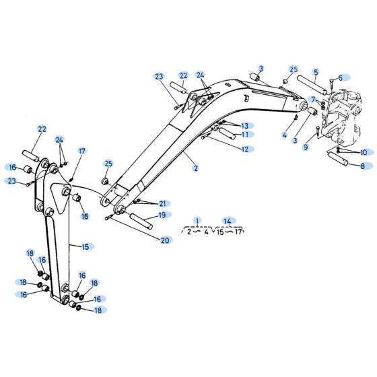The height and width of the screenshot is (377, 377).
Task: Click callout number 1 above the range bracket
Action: coord(197,221)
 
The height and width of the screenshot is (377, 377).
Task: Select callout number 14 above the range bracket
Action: coord(229,221)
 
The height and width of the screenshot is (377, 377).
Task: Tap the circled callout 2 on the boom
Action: coord(196,168)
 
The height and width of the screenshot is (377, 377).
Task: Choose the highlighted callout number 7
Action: coord(312,100)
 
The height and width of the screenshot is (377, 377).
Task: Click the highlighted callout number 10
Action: coord(363,152)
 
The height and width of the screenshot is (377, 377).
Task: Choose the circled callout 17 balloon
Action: coord(82,151)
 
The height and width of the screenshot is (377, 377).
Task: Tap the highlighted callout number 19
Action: coord(161,215)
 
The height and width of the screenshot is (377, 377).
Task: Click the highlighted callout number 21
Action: coord(162,203)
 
